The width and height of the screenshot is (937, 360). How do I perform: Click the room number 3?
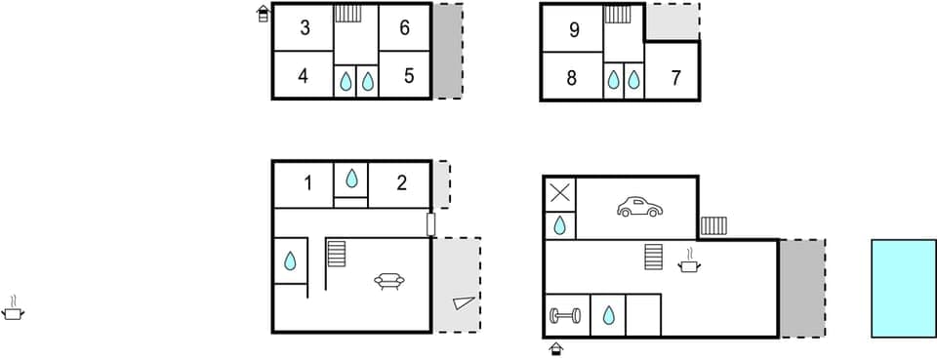[x=305, y=28]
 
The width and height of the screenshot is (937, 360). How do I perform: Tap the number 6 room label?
[x=404, y=28]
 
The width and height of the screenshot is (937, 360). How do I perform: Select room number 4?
[x=304, y=75]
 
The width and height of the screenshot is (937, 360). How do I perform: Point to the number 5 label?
[x=409, y=75]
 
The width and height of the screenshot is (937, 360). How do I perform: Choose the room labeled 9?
[x=574, y=30]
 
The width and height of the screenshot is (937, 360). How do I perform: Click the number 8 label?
[x=572, y=78]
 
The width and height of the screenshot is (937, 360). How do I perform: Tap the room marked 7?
[x=675, y=78]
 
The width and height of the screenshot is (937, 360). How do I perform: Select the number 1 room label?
[x=307, y=181]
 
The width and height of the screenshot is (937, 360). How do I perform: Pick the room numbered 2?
[x=400, y=181]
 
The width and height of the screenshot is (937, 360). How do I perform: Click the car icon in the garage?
[x=638, y=207]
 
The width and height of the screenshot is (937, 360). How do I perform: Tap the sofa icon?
[x=389, y=281]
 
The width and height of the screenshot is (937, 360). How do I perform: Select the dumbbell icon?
[x=565, y=315]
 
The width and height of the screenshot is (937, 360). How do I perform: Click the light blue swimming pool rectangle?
[x=903, y=288]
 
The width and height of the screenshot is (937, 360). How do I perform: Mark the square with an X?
[x=559, y=192]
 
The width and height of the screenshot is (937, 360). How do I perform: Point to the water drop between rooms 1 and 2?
[x=350, y=179]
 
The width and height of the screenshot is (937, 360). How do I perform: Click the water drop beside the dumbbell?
[x=608, y=315]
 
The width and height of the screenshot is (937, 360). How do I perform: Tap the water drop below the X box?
[x=559, y=226]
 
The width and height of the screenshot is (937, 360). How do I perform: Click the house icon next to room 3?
[x=263, y=13]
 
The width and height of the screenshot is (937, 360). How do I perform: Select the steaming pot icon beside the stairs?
[x=690, y=261]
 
